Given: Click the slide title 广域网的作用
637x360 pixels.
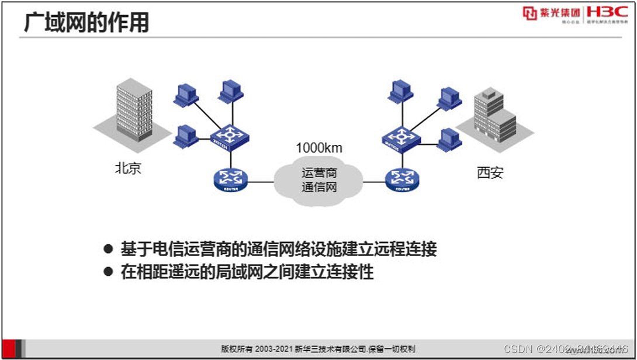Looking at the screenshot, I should [86, 23].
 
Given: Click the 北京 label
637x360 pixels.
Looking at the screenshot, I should [128, 169].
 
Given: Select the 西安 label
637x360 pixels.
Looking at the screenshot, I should [490, 173].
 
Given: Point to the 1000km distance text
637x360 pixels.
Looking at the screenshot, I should [318, 147].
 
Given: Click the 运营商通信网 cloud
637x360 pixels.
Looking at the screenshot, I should [319, 181].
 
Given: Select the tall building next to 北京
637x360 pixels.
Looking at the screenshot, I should [134, 113].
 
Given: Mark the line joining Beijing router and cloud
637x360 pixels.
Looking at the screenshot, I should [261, 182].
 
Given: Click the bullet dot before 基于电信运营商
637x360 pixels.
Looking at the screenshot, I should [108, 249].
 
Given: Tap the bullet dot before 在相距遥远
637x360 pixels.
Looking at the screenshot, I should [108, 272].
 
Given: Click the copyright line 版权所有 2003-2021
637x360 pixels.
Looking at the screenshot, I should [318, 349].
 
